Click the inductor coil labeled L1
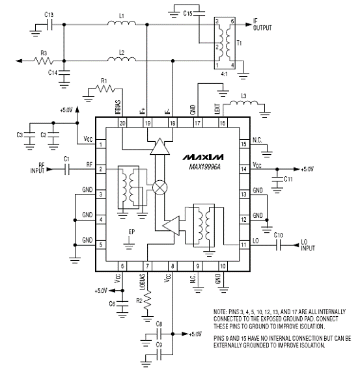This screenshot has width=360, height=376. (122, 23)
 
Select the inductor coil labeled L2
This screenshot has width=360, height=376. (122, 59)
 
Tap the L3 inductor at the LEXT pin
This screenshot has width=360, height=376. (244, 103)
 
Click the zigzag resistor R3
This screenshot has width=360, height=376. (44, 60)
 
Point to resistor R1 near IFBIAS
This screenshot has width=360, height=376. (105, 88)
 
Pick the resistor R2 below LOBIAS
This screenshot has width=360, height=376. (147, 300)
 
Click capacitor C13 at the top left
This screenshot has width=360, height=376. (49, 25)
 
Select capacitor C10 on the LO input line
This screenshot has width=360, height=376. (278, 245)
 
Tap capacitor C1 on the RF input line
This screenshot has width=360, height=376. (67, 169)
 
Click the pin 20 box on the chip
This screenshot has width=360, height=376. (122, 123)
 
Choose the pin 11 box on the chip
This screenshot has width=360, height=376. (244, 245)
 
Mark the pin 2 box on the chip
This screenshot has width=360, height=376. (101, 169)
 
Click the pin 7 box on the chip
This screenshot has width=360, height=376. (147, 266)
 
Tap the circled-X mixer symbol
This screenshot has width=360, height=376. (160, 187)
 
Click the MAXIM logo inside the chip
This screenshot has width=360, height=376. (203, 157)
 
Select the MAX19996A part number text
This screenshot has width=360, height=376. (204, 167)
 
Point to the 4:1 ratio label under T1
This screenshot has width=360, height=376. (224, 74)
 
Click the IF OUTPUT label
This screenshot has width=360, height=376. (262, 25)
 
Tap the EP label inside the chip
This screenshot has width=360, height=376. (132, 232)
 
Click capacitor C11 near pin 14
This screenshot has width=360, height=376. (277, 180)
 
